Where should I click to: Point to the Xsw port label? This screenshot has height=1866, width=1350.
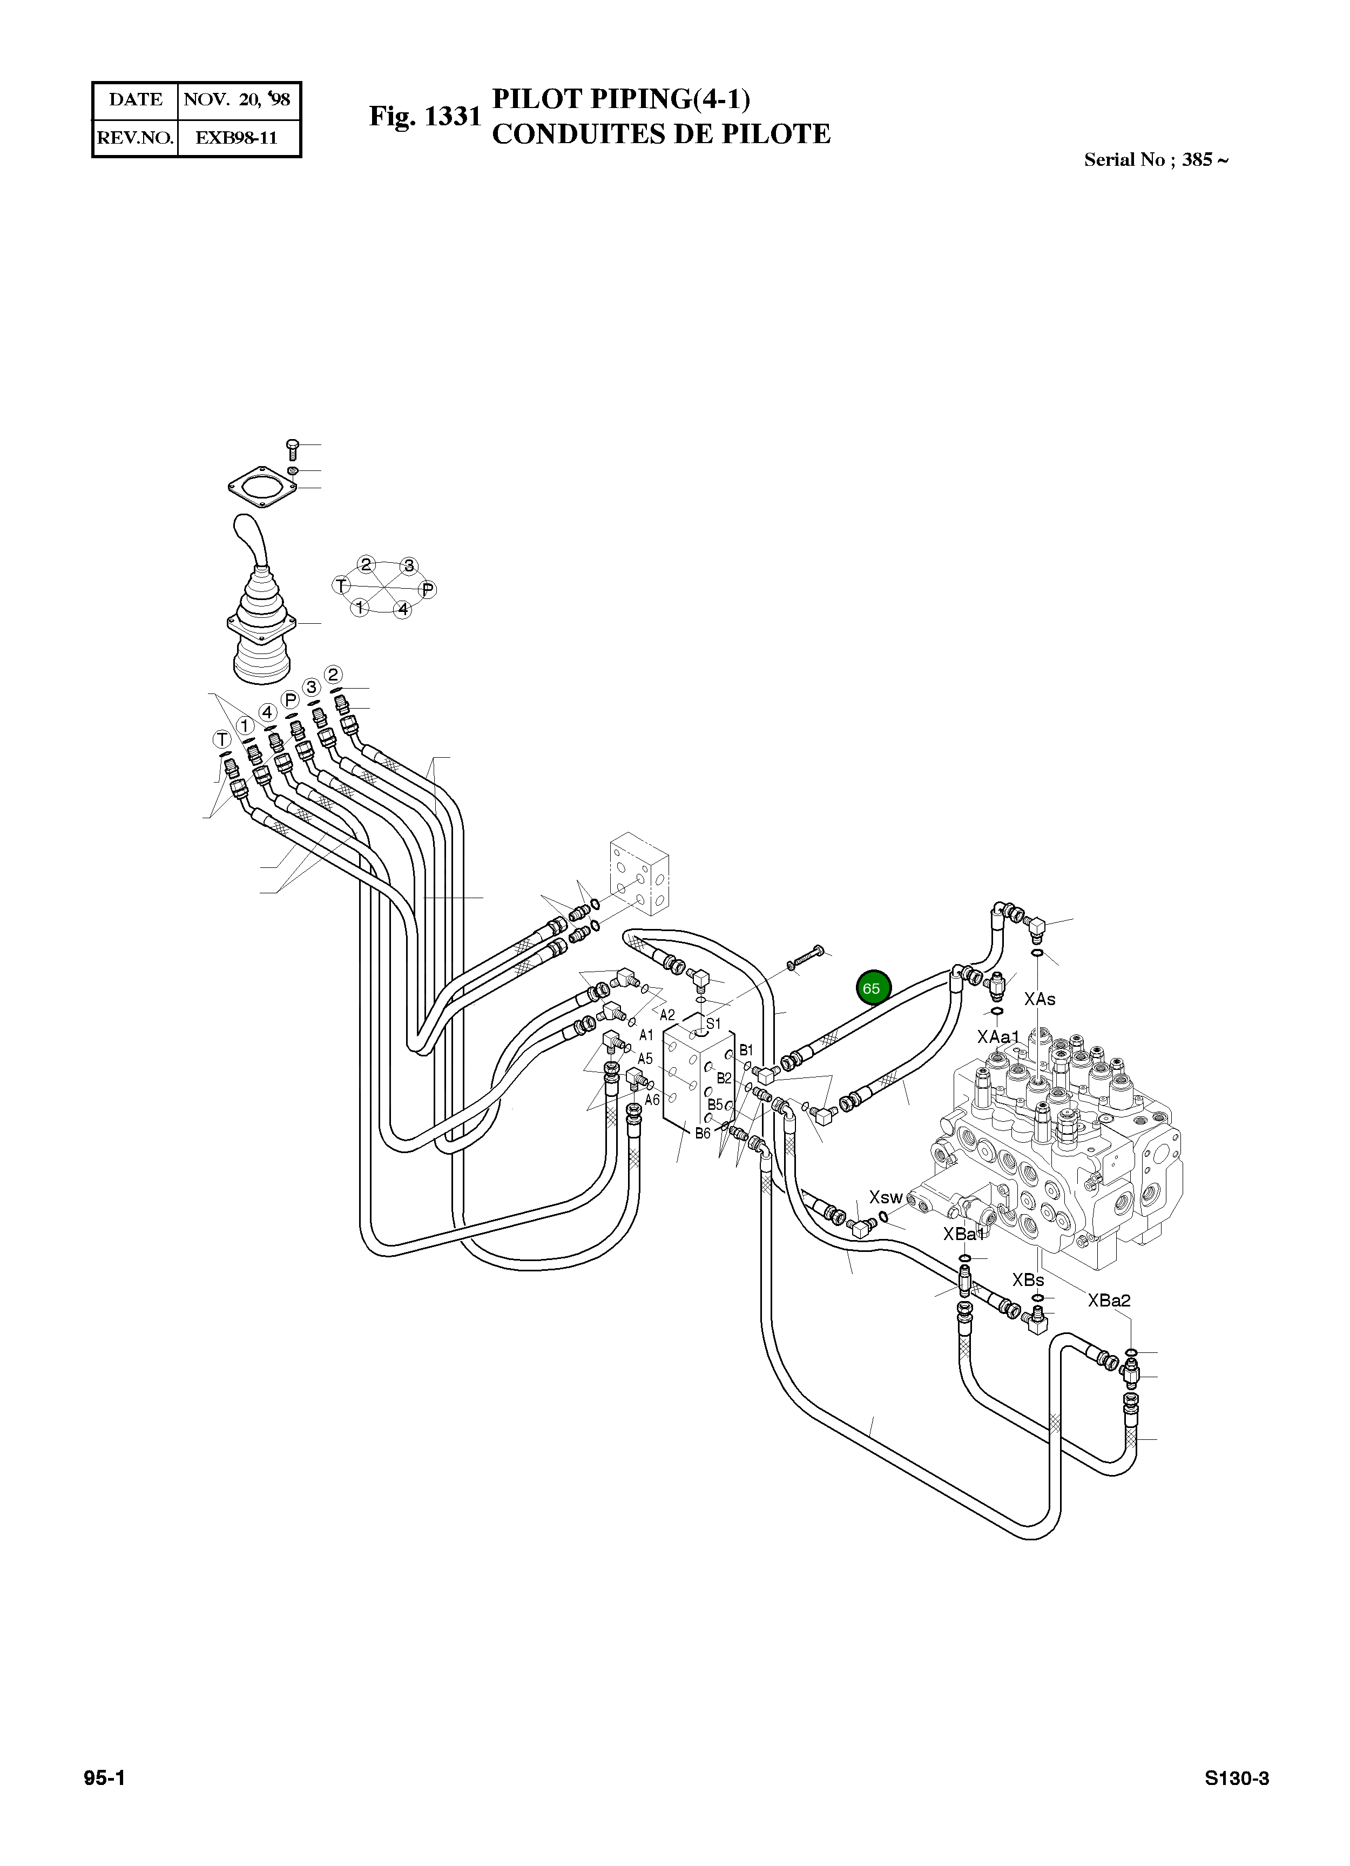(886, 1197)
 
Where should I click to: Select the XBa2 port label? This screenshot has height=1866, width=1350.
(1109, 1300)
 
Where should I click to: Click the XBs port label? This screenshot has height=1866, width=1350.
(1028, 1279)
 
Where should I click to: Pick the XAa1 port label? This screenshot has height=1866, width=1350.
(998, 1036)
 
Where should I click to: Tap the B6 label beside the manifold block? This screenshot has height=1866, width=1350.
(703, 1133)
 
